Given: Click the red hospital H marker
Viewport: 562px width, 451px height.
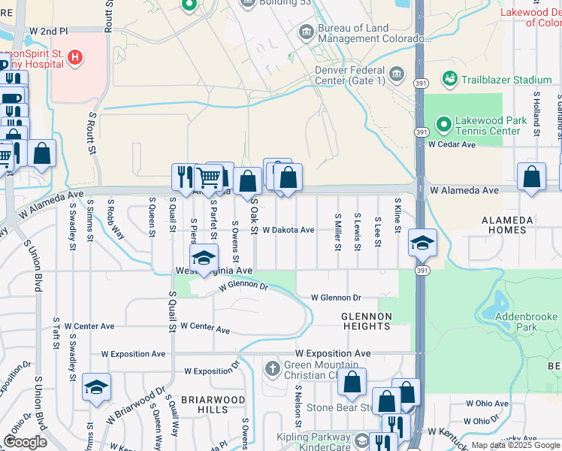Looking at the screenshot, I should (x=74, y=56).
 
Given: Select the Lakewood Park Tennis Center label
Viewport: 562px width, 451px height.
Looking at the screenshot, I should (x=488, y=126).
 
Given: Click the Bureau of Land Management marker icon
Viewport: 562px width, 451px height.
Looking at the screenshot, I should (x=307, y=32).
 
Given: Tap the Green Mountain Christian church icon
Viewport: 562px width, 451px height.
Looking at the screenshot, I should (x=272, y=368).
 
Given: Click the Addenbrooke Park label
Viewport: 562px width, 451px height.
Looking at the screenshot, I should (x=526, y=322).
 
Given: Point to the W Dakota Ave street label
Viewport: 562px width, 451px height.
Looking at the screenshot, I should (x=289, y=230).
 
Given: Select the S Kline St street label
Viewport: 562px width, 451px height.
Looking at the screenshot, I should (x=397, y=214).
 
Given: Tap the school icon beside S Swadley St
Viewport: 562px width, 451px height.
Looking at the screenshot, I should (x=96, y=387).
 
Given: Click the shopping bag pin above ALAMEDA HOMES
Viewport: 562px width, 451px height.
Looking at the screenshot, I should (x=531, y=177).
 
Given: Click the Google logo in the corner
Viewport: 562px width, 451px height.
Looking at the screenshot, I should (x=25, y=442).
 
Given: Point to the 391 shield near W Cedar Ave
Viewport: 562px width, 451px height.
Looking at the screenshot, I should (x=421, y=132).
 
